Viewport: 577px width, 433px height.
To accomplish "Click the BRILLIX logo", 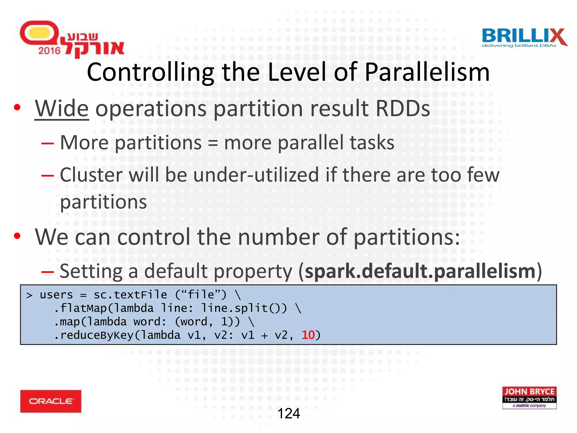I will point(524,37).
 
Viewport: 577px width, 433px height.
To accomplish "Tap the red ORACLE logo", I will point(51,401).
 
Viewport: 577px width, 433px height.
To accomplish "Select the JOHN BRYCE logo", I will point(529,397).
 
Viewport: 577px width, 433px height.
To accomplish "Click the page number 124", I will point(288,414).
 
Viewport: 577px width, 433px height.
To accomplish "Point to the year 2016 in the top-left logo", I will point(49,51).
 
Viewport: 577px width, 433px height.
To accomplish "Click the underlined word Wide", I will point(62,109).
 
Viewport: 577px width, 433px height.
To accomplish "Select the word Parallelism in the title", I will point(427,72).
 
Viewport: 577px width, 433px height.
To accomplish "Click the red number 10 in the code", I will point(308,335).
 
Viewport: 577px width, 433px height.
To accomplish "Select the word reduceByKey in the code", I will point(97,335).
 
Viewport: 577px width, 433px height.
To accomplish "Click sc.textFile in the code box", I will point(130,295).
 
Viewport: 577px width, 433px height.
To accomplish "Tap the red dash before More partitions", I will point(47,143).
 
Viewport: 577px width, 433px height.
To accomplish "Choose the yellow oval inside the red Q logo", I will point(39,33).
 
